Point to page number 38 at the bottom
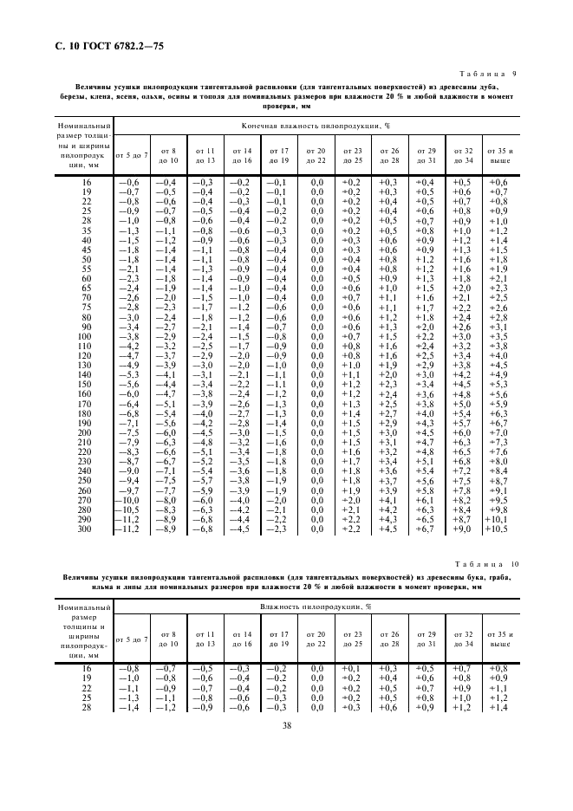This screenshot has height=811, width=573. coord(287,726)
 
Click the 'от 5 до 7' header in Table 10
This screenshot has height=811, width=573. coord(132,639)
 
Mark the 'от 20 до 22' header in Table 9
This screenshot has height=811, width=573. coord(317,155)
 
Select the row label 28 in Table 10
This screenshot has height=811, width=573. coord(85,708)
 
